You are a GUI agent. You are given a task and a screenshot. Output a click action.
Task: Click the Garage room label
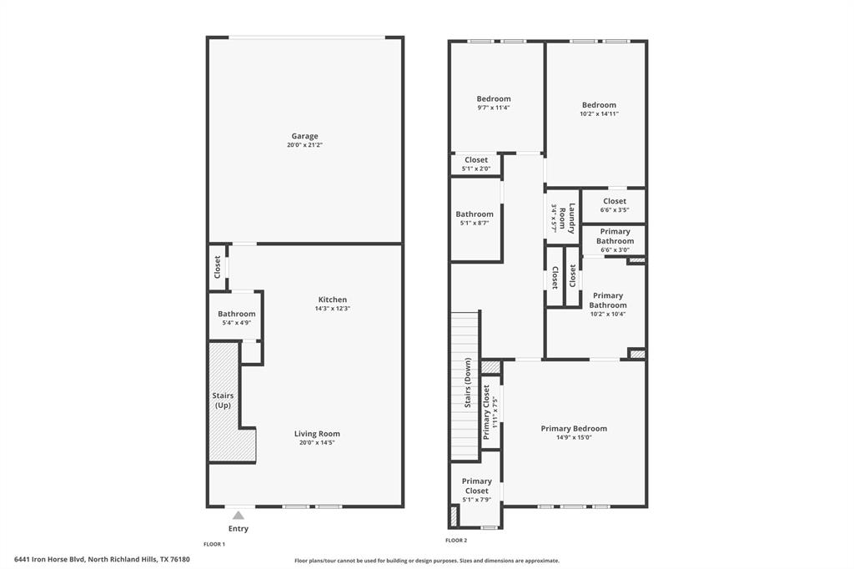coord(304,136)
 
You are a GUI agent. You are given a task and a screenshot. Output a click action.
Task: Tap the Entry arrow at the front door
coord(239,516)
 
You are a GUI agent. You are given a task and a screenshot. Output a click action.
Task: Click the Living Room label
coord(317,434)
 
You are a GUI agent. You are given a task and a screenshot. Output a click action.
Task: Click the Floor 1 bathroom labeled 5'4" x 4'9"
coord(236,318)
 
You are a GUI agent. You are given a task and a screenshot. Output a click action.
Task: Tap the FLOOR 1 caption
coord(214,544)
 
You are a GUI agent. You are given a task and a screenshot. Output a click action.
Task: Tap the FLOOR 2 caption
coord(457,541)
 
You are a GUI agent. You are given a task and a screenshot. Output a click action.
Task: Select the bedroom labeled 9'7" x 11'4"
coord(494,103)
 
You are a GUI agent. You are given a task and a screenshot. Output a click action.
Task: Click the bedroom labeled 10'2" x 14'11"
coord(599,109)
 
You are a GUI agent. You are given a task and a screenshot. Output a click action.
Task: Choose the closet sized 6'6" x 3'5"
coord(615,205)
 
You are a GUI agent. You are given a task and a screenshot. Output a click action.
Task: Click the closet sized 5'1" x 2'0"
coord(476,164)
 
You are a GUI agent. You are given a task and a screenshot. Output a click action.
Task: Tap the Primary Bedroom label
coord(574,429)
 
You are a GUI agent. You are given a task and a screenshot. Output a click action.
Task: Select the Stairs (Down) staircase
coord(465,384)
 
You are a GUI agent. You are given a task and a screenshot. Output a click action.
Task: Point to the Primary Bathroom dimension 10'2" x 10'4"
coord(608,315)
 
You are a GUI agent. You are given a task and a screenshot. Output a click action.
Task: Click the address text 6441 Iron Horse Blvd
coord(102,560)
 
